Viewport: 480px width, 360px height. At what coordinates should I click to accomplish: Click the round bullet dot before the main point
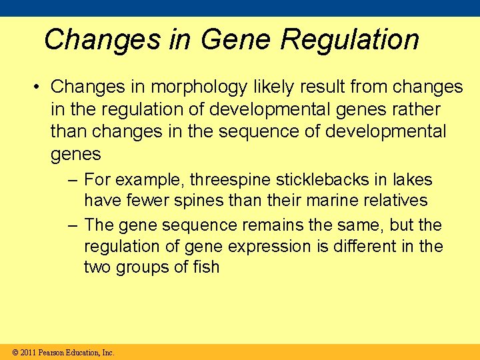coord(39,87)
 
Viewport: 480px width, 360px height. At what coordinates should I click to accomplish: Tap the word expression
coord(269,246)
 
